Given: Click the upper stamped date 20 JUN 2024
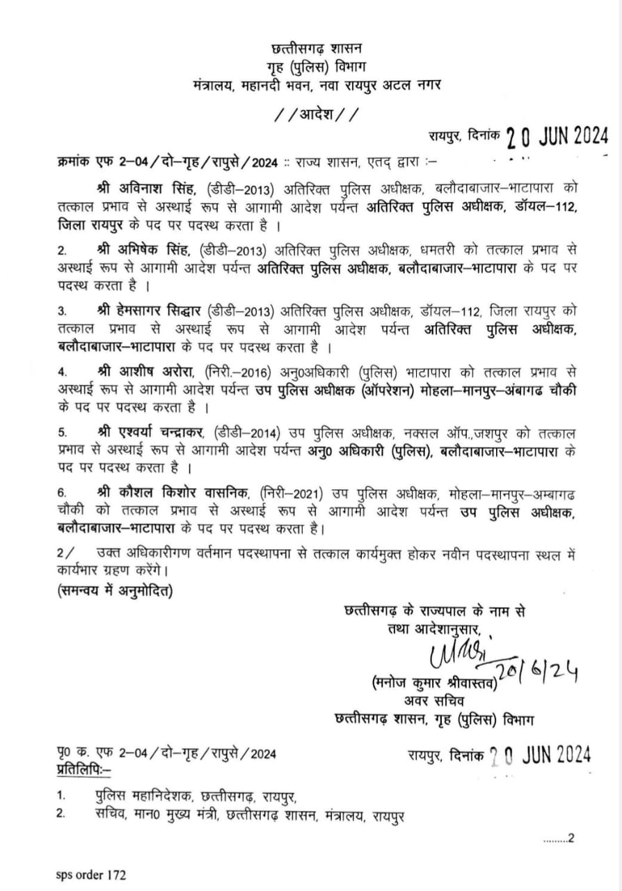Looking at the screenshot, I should point(557,135).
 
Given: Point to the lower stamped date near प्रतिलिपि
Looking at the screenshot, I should point(540,753).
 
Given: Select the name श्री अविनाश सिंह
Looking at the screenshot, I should point(143,189).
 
